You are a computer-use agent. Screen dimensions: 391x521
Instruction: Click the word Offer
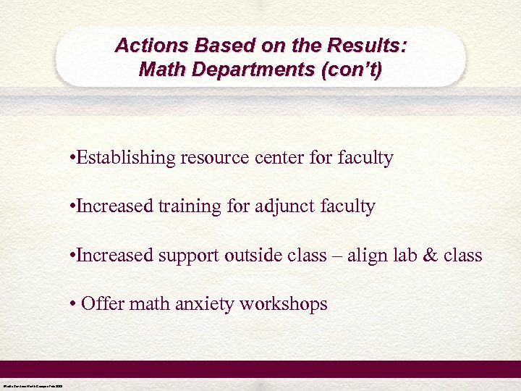click(x=102, y=303)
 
